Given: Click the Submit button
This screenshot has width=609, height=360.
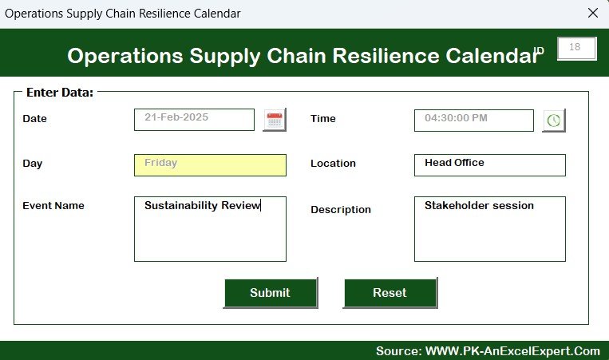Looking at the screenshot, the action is coord(271,293).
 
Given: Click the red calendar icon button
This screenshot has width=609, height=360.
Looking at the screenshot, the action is coord(275,120).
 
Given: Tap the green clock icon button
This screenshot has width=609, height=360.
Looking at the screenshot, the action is coord(554,121).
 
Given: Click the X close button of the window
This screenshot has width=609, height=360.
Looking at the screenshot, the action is coord(593,13).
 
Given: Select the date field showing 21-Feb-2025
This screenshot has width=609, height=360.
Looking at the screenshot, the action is coord(194,120).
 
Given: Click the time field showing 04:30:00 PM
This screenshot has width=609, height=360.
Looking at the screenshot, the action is coord(474,121).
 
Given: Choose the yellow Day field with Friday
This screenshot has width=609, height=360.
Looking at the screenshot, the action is coord(210,165).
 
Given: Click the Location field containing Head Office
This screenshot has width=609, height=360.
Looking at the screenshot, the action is coord(490,165).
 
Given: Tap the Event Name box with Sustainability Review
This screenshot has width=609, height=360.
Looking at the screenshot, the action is coord(210,229).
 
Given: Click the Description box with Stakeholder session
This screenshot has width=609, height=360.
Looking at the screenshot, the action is coord(490,229).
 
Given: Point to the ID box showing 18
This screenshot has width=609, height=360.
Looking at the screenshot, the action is coord(577,49).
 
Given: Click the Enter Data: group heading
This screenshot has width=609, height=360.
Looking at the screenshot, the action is coord(60,93).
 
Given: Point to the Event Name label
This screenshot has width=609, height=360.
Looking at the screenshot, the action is coord(53,205).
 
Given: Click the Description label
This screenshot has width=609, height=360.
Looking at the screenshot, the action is coord(341,210).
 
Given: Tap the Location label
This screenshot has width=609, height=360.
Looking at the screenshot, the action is coord(333,163).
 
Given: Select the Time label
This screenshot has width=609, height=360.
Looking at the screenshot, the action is coord(322,118).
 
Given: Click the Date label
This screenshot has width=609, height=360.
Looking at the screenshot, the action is coord(34,118).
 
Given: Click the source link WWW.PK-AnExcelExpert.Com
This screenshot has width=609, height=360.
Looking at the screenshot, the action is coord(512,351).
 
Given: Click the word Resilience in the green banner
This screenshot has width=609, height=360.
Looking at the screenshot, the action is coord(386,56).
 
